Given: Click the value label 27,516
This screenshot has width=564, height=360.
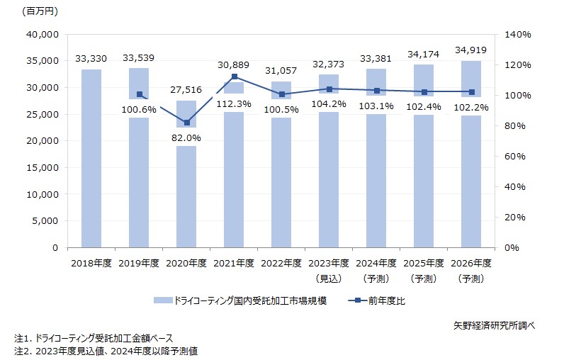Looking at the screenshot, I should tap(186, 91).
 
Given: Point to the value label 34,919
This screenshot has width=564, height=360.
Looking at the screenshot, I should tap(471, 51).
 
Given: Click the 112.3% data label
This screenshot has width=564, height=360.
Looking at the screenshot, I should tap(234, 103).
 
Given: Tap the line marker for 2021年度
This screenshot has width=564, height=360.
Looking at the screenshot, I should tap(234, 77).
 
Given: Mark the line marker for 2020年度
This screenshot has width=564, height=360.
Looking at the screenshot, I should tap(186, 123).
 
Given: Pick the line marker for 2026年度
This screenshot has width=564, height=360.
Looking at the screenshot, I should tap(471, 92).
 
